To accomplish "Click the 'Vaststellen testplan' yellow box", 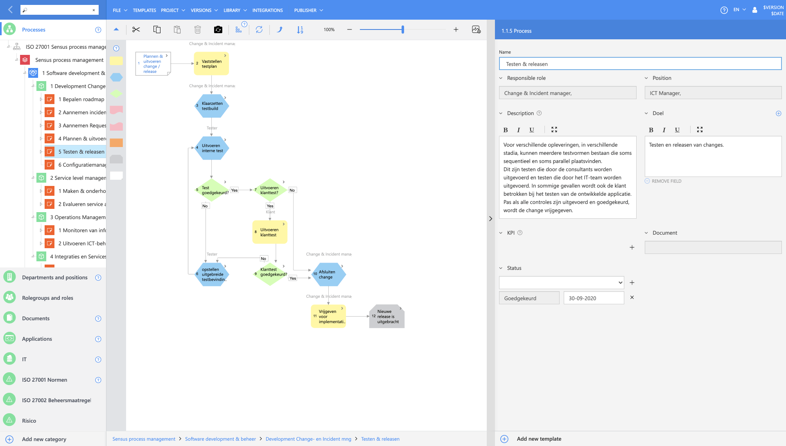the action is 211,63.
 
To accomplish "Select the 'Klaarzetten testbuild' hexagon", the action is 211,106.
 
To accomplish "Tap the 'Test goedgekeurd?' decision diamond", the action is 212,190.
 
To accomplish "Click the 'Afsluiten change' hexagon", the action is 328,274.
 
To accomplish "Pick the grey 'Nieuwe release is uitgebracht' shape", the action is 387,316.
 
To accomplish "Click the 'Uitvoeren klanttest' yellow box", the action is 270,232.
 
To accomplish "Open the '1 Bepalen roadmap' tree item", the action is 81,99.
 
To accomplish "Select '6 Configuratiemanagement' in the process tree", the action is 82,165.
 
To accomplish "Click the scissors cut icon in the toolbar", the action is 136,29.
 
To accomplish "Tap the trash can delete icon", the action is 198,29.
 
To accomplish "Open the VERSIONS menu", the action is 204,10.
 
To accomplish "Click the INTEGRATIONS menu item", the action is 268,10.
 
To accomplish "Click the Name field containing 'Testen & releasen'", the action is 640,64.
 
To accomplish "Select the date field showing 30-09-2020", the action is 594,298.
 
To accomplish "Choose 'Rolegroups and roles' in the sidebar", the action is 47,298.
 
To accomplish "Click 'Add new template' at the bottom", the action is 539,439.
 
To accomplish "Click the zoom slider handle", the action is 403,29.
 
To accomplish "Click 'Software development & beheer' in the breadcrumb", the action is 220,439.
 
